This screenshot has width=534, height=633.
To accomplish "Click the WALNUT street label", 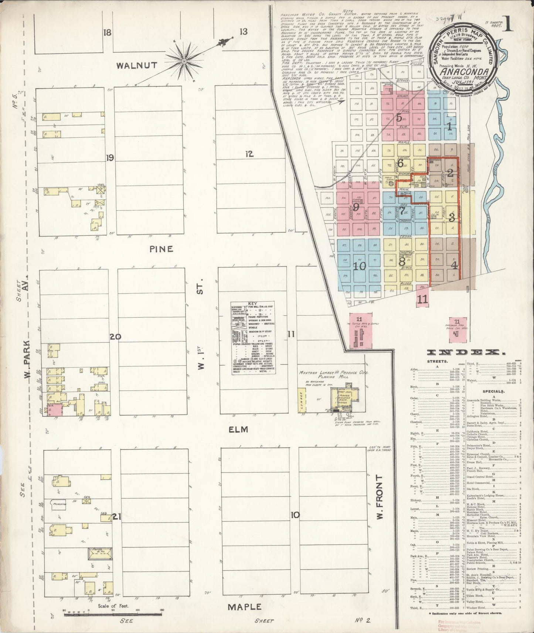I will (x=132, y=65).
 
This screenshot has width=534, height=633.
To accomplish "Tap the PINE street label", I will (x=161, y=249).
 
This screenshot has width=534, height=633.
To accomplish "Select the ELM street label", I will (x=237, y=430).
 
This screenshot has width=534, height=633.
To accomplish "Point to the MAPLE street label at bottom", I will (x=244, y=606).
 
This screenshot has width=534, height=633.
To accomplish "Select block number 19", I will (x=110, y=158).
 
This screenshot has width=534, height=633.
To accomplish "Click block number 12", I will (x=249, y=154).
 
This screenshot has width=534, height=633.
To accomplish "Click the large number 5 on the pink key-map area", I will (x=399, y=119).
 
